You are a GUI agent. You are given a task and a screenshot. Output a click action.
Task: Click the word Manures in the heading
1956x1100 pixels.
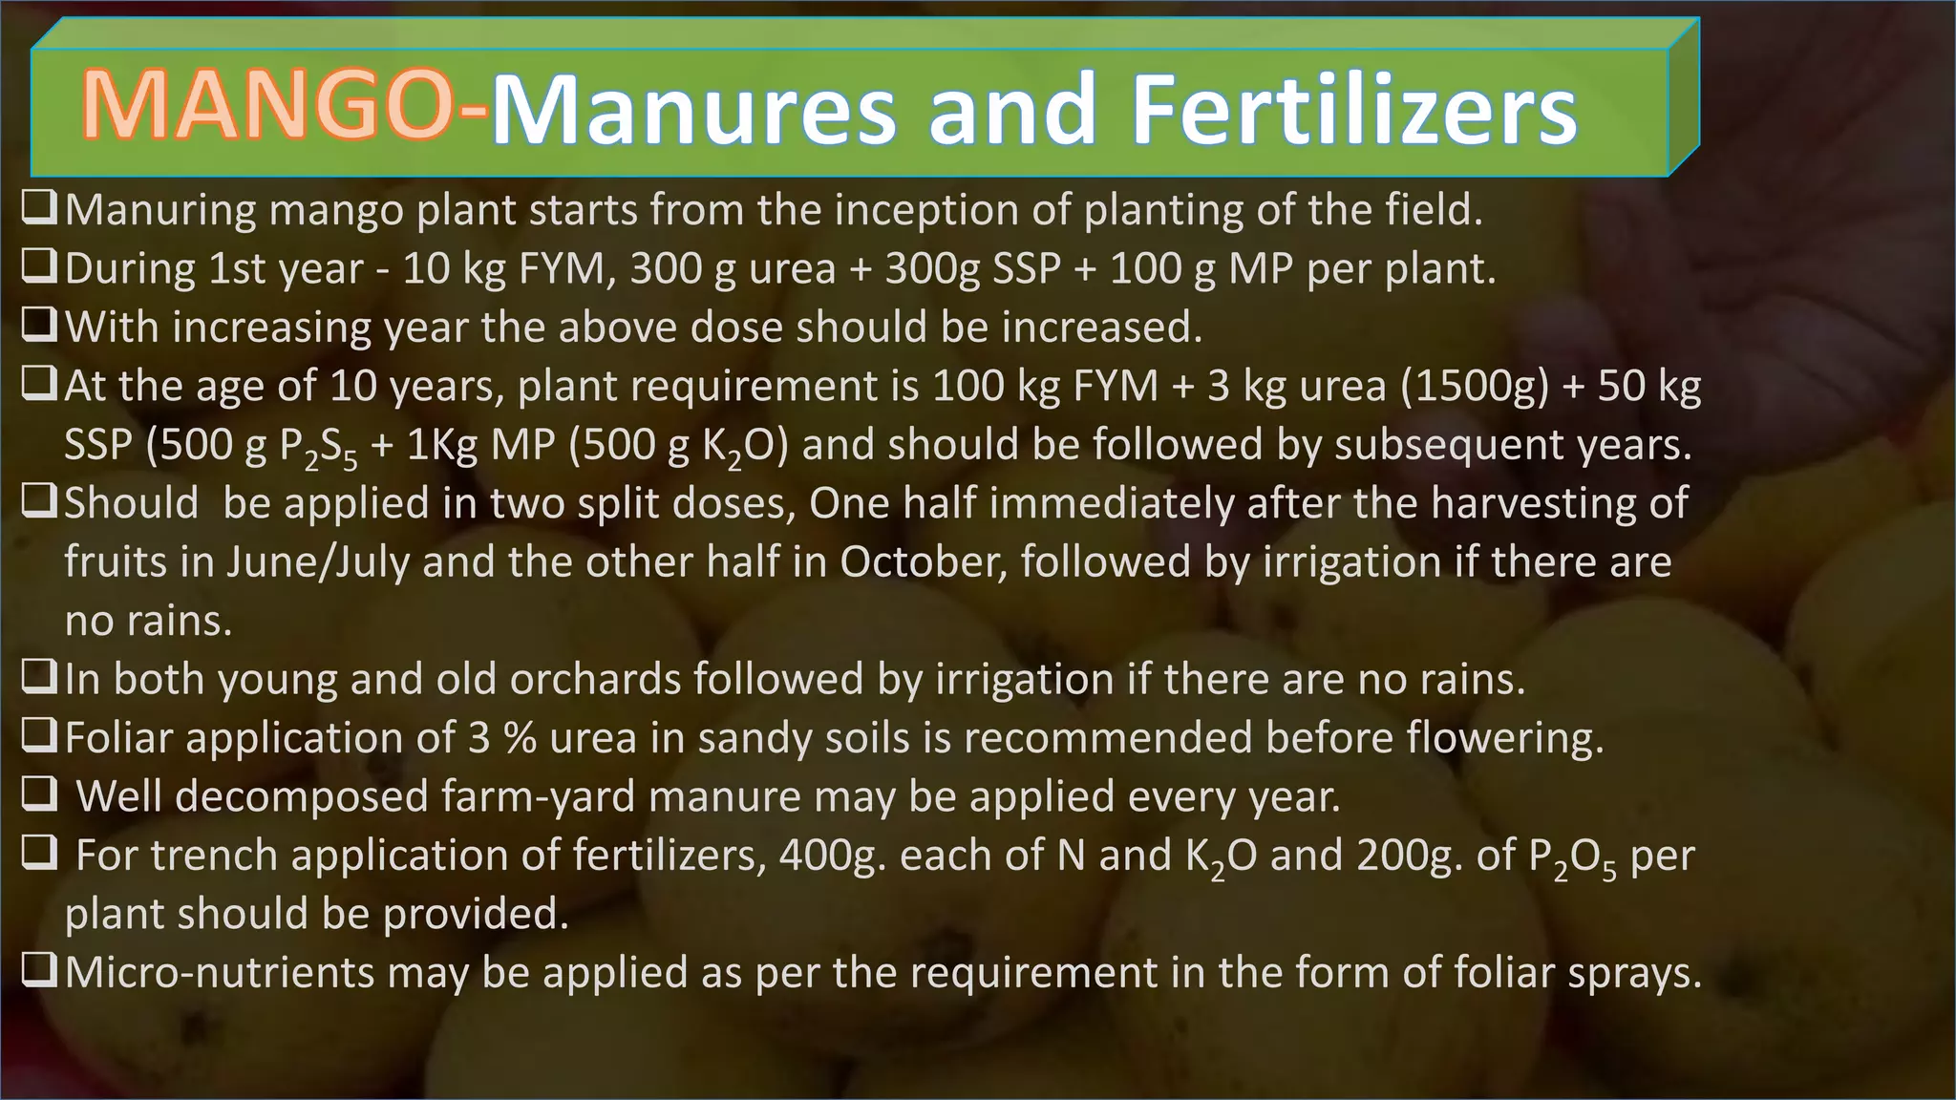[x=694, y=111]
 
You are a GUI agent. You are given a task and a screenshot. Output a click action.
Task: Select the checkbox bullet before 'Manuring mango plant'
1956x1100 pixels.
[x=39, y=207]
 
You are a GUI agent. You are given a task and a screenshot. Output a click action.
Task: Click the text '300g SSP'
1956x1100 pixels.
[x=973, y=268]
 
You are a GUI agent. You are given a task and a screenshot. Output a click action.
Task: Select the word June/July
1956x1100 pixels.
[x=318, y=562]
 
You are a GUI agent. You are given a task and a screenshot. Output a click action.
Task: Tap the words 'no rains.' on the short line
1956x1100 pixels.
[x=148, y=621]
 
